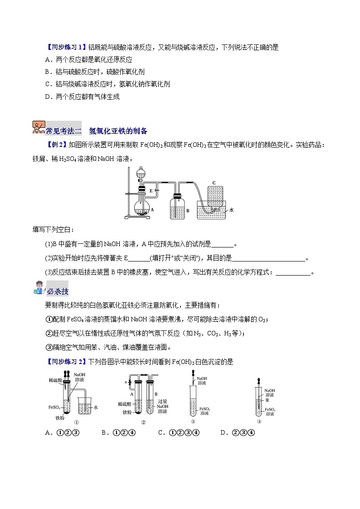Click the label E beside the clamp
pyautogui.click(x=151, y=190)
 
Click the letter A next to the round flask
pyautogui.click(x=152, y=210)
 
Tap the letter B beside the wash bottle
pyautogui.click(x=188, y=211)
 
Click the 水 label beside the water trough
pyautogui.click(x=231, y=210)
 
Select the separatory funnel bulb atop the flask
pyautogui.click(x=142, y=174)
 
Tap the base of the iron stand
pyautogui.click(x=141, y=218)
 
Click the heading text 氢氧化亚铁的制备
pyautogui.click(x=118, y=131)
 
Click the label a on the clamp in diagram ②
pyautogui.click(x=130, y=383)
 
